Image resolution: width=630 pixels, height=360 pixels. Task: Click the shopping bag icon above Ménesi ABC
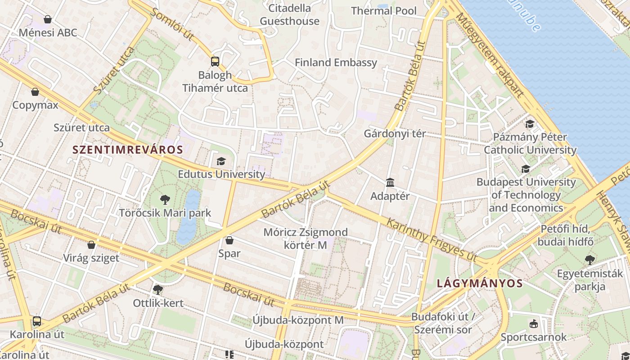pyautogui.click(x=48, y=19)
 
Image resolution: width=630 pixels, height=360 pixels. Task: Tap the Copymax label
pyautogui.click(x=35, y=105)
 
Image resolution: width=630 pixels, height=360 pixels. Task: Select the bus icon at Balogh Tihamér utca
pyautogui.click(x=215, y=62)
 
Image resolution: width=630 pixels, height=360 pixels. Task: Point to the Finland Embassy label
pyautogui.click(x=336, y=63)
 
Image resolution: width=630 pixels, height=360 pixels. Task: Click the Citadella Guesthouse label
pyautogui.click(x=289, y=14)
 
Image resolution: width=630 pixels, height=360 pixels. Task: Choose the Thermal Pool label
pyautogui.click(x=384, y=11)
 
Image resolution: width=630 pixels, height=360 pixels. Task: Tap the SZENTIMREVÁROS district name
pyautogui.click(x=128, y=150)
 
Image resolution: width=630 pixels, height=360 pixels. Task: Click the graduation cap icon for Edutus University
pyautogui.click(x=221, y=161)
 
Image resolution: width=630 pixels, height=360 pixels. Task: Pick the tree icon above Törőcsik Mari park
pyautogui.click(x=165, y=199)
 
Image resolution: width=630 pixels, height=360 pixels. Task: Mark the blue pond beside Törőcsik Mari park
pyautogui.click(x=188, y=216)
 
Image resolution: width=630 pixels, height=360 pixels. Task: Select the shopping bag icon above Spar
pyautogui.click(x=229, y=240)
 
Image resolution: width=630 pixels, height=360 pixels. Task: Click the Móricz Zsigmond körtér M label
pyautogui.click(x=306, y=238)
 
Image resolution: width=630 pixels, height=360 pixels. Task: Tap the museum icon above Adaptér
pyautogui.click(x=390, y=183)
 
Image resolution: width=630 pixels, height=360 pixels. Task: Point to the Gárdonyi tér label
pyautogui.click(x=395, y=134)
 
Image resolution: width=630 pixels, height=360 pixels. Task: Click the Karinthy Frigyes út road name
pyautogui.click(x=431, y=239)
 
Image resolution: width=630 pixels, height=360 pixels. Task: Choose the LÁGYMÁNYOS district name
pyautogui.click(x=480, y=283)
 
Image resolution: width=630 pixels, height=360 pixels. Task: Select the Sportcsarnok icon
pyautogui.click(x=534, y=324)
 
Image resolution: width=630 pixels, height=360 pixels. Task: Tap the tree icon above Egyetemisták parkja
pyautogui.click(x=589, y=260)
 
